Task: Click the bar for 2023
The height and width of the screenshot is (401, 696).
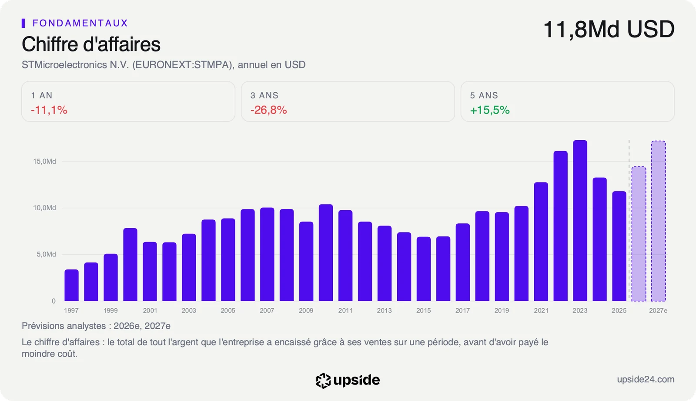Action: (580, 221)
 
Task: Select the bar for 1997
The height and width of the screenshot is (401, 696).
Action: (71, 285)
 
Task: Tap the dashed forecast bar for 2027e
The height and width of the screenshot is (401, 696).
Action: (658, 221)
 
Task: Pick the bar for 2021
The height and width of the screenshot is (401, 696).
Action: (541, 242)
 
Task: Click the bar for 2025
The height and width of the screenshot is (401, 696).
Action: (619, 246)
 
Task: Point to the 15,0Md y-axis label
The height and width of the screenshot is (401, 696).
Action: (44, 162)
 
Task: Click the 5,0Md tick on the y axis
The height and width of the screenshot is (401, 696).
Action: (46, 254)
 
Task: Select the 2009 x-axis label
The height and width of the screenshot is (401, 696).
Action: (306, 310)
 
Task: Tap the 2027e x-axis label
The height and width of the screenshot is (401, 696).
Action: (658, 310)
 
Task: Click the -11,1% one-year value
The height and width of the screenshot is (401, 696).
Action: (49, 110)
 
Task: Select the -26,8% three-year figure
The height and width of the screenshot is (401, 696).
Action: (268, 110)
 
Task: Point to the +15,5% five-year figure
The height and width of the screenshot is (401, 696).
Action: (490, 110)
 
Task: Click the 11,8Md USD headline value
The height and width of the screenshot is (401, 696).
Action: (609, 30)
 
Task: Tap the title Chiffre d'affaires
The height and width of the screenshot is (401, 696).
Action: (91, 44)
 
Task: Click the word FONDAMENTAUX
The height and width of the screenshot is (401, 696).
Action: (80, 23)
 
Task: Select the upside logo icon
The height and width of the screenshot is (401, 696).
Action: (323, 381)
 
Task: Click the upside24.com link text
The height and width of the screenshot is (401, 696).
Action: (646, 380)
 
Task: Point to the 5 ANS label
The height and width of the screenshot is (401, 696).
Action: (484, 95)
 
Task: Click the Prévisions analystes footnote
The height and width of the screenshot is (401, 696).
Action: (96, 326)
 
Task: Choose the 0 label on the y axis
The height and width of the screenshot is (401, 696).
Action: (54, 301)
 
